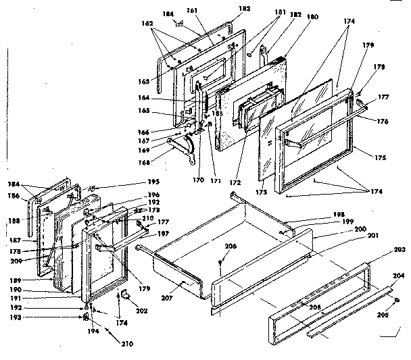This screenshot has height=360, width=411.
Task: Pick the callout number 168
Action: (x=161, y=161)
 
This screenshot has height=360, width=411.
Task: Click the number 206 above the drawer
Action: (x=231, y=247)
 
